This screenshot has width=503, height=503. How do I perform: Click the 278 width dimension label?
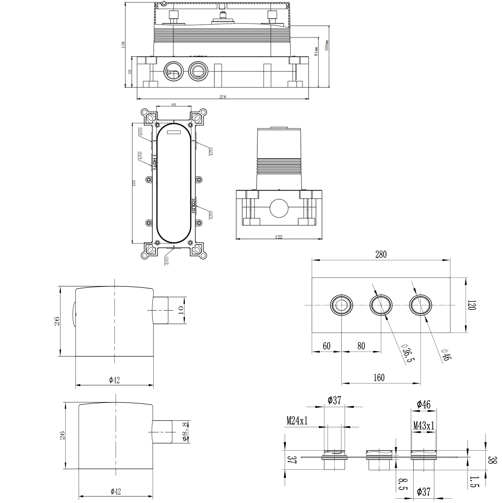(223, 97)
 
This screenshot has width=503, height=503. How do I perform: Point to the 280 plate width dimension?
(381, 254)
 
